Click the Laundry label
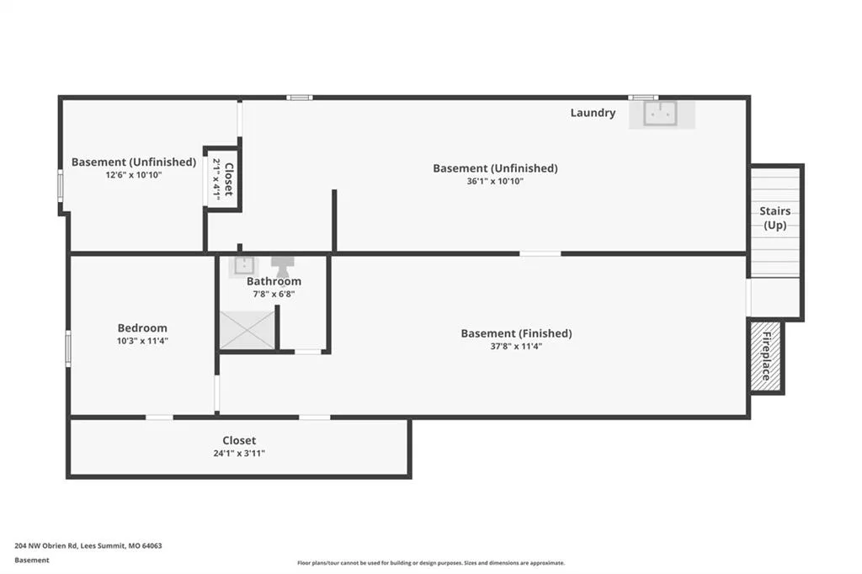593,113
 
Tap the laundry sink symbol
660,114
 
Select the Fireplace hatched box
766,356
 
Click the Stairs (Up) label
775,218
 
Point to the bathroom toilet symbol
283,267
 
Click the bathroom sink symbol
243,266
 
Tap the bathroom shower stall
247,330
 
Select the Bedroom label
142,328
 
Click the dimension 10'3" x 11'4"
142,341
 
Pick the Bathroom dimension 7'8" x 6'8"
274,294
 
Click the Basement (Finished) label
516,333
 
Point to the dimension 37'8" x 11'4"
516,347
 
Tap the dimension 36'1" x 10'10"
495,181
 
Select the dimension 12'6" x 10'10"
134,175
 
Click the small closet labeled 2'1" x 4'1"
222,178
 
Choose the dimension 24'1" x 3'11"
239,454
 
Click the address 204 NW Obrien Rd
46,546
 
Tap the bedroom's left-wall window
68,348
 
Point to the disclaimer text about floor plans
431,563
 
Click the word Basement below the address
32,561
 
